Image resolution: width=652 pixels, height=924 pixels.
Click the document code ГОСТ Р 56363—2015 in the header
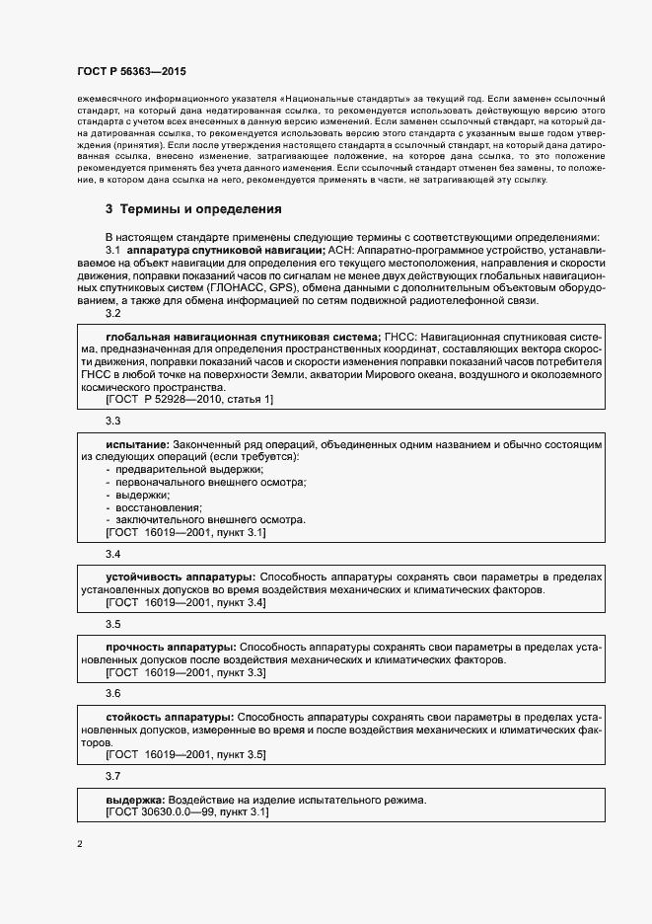(131, 72)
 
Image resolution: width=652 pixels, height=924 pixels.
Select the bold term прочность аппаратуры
(170, 646)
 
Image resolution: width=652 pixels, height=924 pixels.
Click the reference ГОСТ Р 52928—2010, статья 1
(189, 399)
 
